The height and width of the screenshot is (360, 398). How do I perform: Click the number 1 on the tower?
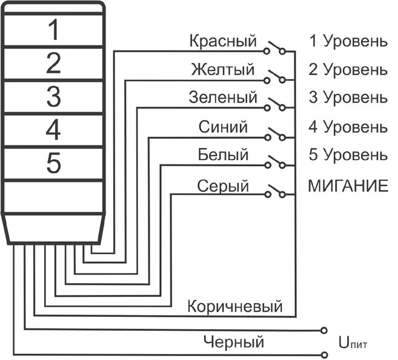click(54, 30)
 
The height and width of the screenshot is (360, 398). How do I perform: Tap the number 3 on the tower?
click(54, 96)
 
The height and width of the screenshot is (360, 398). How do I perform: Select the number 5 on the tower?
click(54, 162)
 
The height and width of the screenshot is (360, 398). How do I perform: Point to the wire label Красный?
click(223, 42)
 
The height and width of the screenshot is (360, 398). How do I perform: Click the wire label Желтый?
click(222, 70)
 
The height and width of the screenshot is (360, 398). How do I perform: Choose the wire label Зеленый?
click(223, 97)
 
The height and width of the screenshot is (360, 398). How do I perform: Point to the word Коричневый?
click(235, 305)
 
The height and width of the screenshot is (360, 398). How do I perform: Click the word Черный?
click(234, 342)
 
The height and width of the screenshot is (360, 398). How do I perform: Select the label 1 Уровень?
click(348, 42)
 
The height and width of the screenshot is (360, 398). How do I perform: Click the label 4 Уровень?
click(348, 127)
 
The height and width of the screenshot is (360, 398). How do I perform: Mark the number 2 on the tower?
click(54, 63)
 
